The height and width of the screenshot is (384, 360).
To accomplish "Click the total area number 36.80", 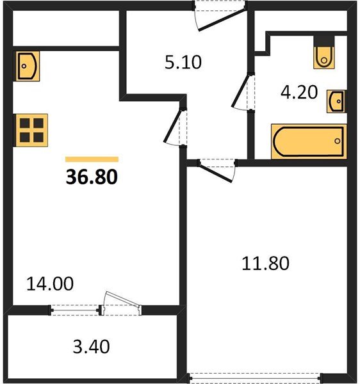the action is (92, 177).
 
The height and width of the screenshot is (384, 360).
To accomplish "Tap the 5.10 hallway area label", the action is (183, 62).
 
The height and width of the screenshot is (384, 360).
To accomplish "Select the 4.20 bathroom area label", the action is (299, 92).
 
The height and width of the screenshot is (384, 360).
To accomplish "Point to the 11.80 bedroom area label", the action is (265, 263).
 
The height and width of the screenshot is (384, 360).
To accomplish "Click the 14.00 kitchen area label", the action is (50, 284).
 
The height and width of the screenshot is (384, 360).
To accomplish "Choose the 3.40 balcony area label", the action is (91, 347).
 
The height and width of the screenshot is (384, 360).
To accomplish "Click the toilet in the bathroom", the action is (324, 52).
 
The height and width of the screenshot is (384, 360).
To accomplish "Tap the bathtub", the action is (309, 141).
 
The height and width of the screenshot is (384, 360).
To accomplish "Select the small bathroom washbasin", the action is (337, 101).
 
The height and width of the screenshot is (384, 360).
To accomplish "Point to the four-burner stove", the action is (31, 131).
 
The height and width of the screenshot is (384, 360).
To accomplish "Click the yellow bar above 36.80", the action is (92, 159).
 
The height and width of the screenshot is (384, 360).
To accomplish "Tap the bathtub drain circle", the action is (338, 141).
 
